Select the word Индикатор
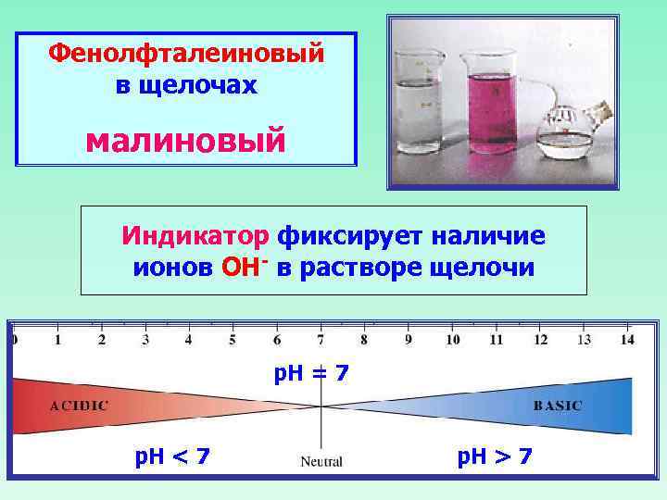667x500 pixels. [195, 236]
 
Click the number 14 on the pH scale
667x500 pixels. [627, 340]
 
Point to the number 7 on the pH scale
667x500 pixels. [321, 340]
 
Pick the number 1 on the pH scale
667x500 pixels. [57, 340]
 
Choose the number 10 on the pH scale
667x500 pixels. [452, 340]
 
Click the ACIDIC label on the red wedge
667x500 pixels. [79, 406]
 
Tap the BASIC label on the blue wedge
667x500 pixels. [558, 406]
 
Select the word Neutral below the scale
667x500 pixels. [321, 461]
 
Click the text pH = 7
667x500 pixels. [311, 374]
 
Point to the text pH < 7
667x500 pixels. [172, 456]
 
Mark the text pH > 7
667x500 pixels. [495, 456]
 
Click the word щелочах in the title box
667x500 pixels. [185, 85]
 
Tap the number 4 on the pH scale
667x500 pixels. [189, 340]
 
